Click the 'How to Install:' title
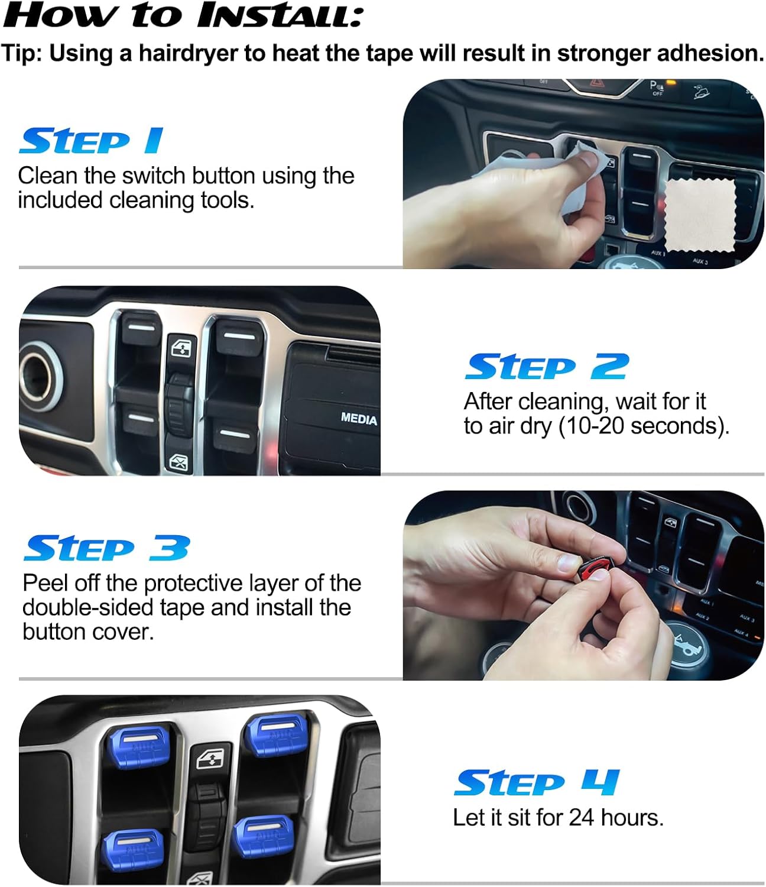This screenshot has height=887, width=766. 182,15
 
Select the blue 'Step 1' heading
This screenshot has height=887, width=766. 91,141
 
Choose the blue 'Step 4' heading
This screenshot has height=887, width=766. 537,783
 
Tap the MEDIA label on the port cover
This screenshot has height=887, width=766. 358,419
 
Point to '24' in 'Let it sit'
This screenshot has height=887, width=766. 581,818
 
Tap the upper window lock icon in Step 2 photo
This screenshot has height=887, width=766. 181,348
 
